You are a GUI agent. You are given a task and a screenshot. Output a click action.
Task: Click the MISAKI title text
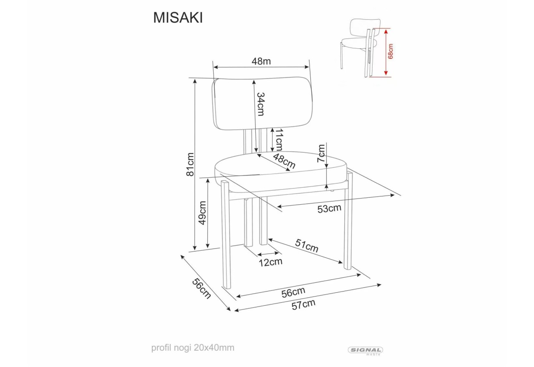point(178,18)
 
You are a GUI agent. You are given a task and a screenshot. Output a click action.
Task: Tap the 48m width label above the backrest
point(261,61)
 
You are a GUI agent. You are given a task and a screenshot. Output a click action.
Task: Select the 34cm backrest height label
point(261,104)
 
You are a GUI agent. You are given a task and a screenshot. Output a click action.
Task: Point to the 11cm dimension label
point(279,140)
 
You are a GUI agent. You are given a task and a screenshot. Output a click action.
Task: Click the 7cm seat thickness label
point(321,153)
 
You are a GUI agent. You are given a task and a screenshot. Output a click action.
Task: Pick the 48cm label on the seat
point(284,161)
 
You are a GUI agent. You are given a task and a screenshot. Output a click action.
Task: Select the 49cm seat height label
point(202,213)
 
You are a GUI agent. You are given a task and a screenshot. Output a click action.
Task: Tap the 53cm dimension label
point(329,209)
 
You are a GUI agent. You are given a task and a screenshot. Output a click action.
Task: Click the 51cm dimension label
point(307,246)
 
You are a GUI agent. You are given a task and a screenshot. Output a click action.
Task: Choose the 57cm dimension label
point(303,304)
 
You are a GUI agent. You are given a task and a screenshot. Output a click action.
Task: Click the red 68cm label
point(390,52)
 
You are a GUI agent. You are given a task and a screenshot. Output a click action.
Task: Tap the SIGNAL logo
point(365,350)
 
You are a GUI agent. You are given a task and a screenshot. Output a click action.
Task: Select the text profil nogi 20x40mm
point(193,347)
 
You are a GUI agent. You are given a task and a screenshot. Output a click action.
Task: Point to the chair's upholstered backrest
point(263,103)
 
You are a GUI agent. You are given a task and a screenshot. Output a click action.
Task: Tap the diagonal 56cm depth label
point(201,288)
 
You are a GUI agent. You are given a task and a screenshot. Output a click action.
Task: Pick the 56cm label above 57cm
point(293,292)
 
